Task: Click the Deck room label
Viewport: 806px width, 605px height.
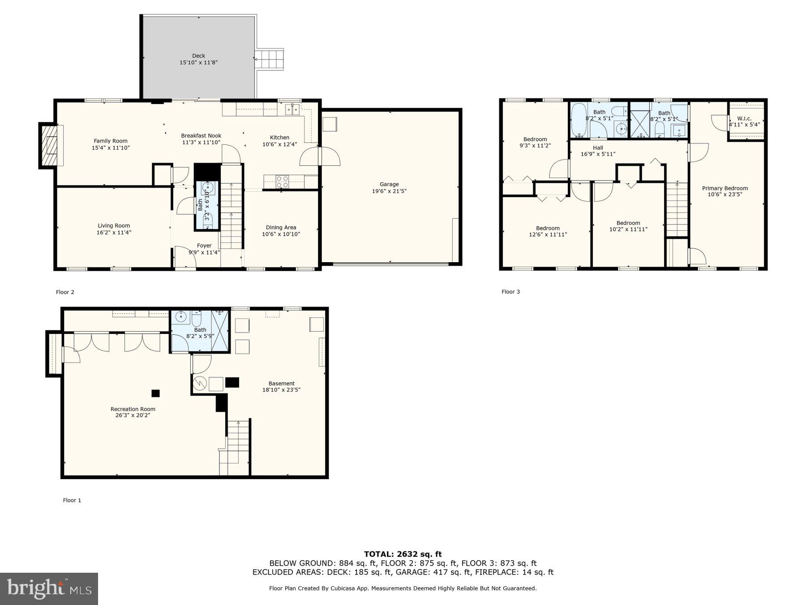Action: (198, 56)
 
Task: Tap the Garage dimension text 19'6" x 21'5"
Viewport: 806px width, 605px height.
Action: (389, 191)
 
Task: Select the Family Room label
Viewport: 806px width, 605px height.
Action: (111, 141)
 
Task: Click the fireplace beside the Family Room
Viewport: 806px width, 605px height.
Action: (49, 145)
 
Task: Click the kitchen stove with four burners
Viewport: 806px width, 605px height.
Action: (282, 181)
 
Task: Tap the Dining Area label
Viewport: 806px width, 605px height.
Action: (281, 228)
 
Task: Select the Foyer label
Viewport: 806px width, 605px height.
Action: (204, 246)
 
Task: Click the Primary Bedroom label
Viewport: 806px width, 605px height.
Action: (725, 188)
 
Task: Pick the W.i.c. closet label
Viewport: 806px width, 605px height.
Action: (744, 119)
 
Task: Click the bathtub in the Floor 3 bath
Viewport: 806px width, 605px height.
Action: (578, 120)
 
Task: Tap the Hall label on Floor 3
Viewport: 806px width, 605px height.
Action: (598, 148)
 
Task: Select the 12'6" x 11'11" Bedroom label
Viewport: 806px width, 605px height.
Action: (548, 228)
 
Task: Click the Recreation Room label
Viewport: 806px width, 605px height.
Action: (133, 409)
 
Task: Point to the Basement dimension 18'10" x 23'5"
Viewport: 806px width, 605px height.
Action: (281, 390)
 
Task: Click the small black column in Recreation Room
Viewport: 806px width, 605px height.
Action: (155, 393)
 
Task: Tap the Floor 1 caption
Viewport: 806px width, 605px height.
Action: (72, 500)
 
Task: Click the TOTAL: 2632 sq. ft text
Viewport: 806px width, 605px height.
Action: (403, 554)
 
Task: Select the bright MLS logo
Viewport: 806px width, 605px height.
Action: (49, 588)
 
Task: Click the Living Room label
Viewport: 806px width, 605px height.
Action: (114, 226)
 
